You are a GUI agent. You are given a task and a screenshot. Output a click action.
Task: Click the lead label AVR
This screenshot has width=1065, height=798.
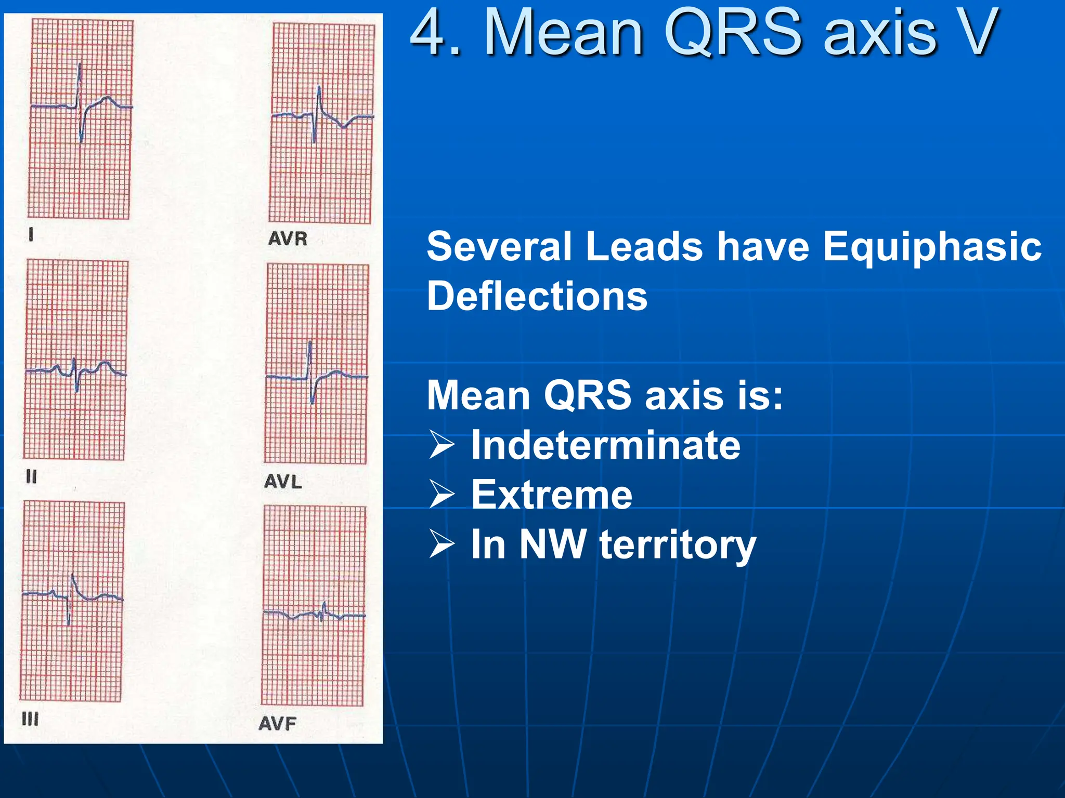coord(288,238)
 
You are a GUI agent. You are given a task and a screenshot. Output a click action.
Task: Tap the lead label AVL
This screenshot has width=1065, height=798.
coord(282,482)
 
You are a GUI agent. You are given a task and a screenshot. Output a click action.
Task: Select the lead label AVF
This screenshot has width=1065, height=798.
coord(277,723)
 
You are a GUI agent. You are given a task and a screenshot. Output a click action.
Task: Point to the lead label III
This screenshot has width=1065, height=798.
coord(30,719)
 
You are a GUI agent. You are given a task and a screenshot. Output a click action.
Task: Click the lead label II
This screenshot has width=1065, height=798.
coord(31,476)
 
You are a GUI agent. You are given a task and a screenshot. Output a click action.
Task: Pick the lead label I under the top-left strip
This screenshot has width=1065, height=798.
coord(31,235)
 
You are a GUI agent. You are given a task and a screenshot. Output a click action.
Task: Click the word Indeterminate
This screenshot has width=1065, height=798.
coord(605,445)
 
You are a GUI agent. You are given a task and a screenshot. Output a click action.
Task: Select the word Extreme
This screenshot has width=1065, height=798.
coord(551,495)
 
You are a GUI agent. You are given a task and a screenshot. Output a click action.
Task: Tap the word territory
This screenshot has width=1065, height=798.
coord(678,544)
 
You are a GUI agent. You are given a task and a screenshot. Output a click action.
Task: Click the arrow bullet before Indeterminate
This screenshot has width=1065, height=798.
coord(442,446)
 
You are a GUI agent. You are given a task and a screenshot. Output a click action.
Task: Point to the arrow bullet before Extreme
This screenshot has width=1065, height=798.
coord(442,495)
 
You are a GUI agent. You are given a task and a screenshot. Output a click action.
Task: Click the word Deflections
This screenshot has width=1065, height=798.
coord(537,296)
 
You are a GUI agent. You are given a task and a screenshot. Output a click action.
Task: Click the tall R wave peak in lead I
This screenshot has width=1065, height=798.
coord(80,65)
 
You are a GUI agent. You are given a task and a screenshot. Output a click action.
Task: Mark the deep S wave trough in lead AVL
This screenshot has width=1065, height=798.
coord(312,402)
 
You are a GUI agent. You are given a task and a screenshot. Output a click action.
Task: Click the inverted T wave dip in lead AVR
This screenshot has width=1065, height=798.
coord(344,126)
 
